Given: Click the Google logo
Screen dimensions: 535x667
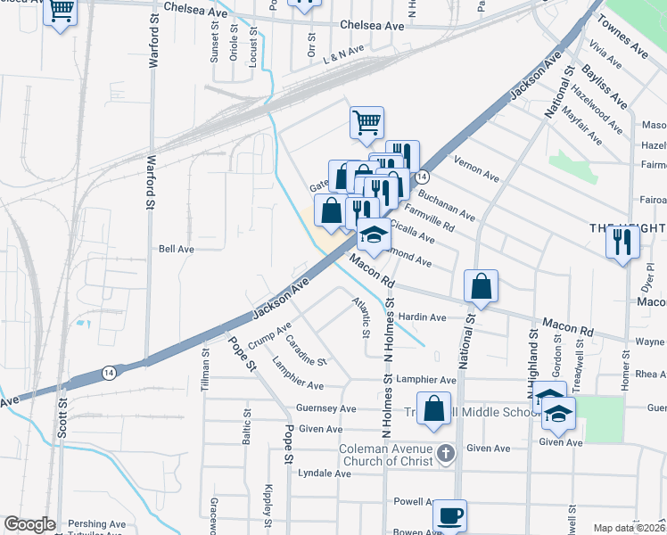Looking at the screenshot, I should (29, 524).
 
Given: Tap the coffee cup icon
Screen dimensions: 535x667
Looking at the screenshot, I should (449, 515).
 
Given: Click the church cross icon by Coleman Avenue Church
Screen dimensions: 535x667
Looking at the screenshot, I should (447, 454).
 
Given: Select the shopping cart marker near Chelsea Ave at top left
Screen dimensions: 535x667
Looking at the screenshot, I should (61, 12).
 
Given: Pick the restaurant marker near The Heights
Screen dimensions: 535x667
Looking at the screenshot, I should (622, 241).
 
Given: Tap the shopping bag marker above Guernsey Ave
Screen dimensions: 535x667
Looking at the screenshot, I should (433, 409).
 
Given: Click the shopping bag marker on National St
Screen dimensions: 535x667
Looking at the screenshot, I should (481, 286).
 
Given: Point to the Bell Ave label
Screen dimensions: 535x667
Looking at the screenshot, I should (176, 249).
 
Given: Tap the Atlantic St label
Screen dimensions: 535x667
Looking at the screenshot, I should (360, 317).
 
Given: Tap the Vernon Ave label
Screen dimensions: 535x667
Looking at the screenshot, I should (477, 168).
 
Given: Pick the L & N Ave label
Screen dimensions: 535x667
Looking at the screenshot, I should (344, 53).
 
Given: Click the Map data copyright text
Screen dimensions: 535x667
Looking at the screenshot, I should (630, 528).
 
